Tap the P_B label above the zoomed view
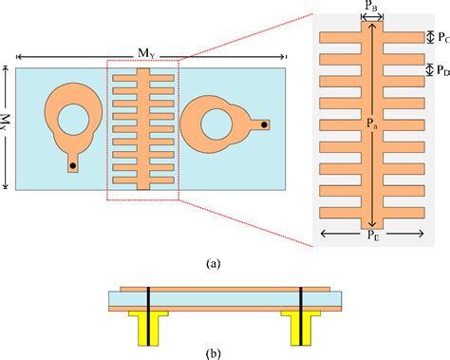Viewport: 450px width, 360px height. click(372, 9)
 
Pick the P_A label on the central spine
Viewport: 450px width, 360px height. click(371, 123)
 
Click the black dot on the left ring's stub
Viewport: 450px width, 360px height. click(72, 165)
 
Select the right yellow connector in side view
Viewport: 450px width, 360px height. click(300, 329)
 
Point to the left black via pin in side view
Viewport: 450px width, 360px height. click(147, 309)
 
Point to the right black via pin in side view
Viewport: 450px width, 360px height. click(300, 309)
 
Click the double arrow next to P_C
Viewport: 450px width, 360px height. click(429, 37)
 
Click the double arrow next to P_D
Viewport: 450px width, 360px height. click(429, 70)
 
